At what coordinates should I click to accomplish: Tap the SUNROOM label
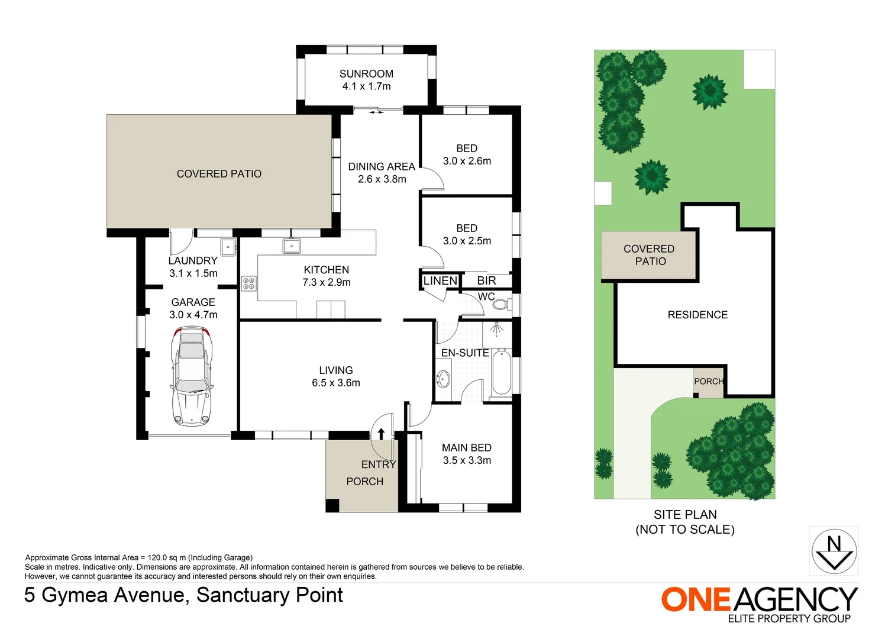[366, 74]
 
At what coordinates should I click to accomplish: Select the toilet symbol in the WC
[501, 305]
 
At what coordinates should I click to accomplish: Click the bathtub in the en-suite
[501, 372]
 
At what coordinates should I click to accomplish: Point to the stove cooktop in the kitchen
[249, 283]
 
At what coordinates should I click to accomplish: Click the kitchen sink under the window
[292, 246]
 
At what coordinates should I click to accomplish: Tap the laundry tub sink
[228, 246]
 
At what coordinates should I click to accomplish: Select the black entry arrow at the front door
[381, 434]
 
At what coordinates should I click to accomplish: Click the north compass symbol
[834, 551]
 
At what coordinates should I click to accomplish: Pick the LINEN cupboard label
[440, 281]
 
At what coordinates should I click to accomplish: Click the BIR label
[486, 281]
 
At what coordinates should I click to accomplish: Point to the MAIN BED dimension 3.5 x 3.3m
[467, 460]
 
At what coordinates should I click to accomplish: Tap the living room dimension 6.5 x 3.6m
[336, 383]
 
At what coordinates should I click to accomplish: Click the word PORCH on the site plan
[709, 382]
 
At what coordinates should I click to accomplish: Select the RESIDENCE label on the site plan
[697, 315]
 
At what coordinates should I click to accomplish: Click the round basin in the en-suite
[443, 379]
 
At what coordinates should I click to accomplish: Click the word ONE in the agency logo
[696, 599]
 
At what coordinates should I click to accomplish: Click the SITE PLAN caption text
[685, 515]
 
